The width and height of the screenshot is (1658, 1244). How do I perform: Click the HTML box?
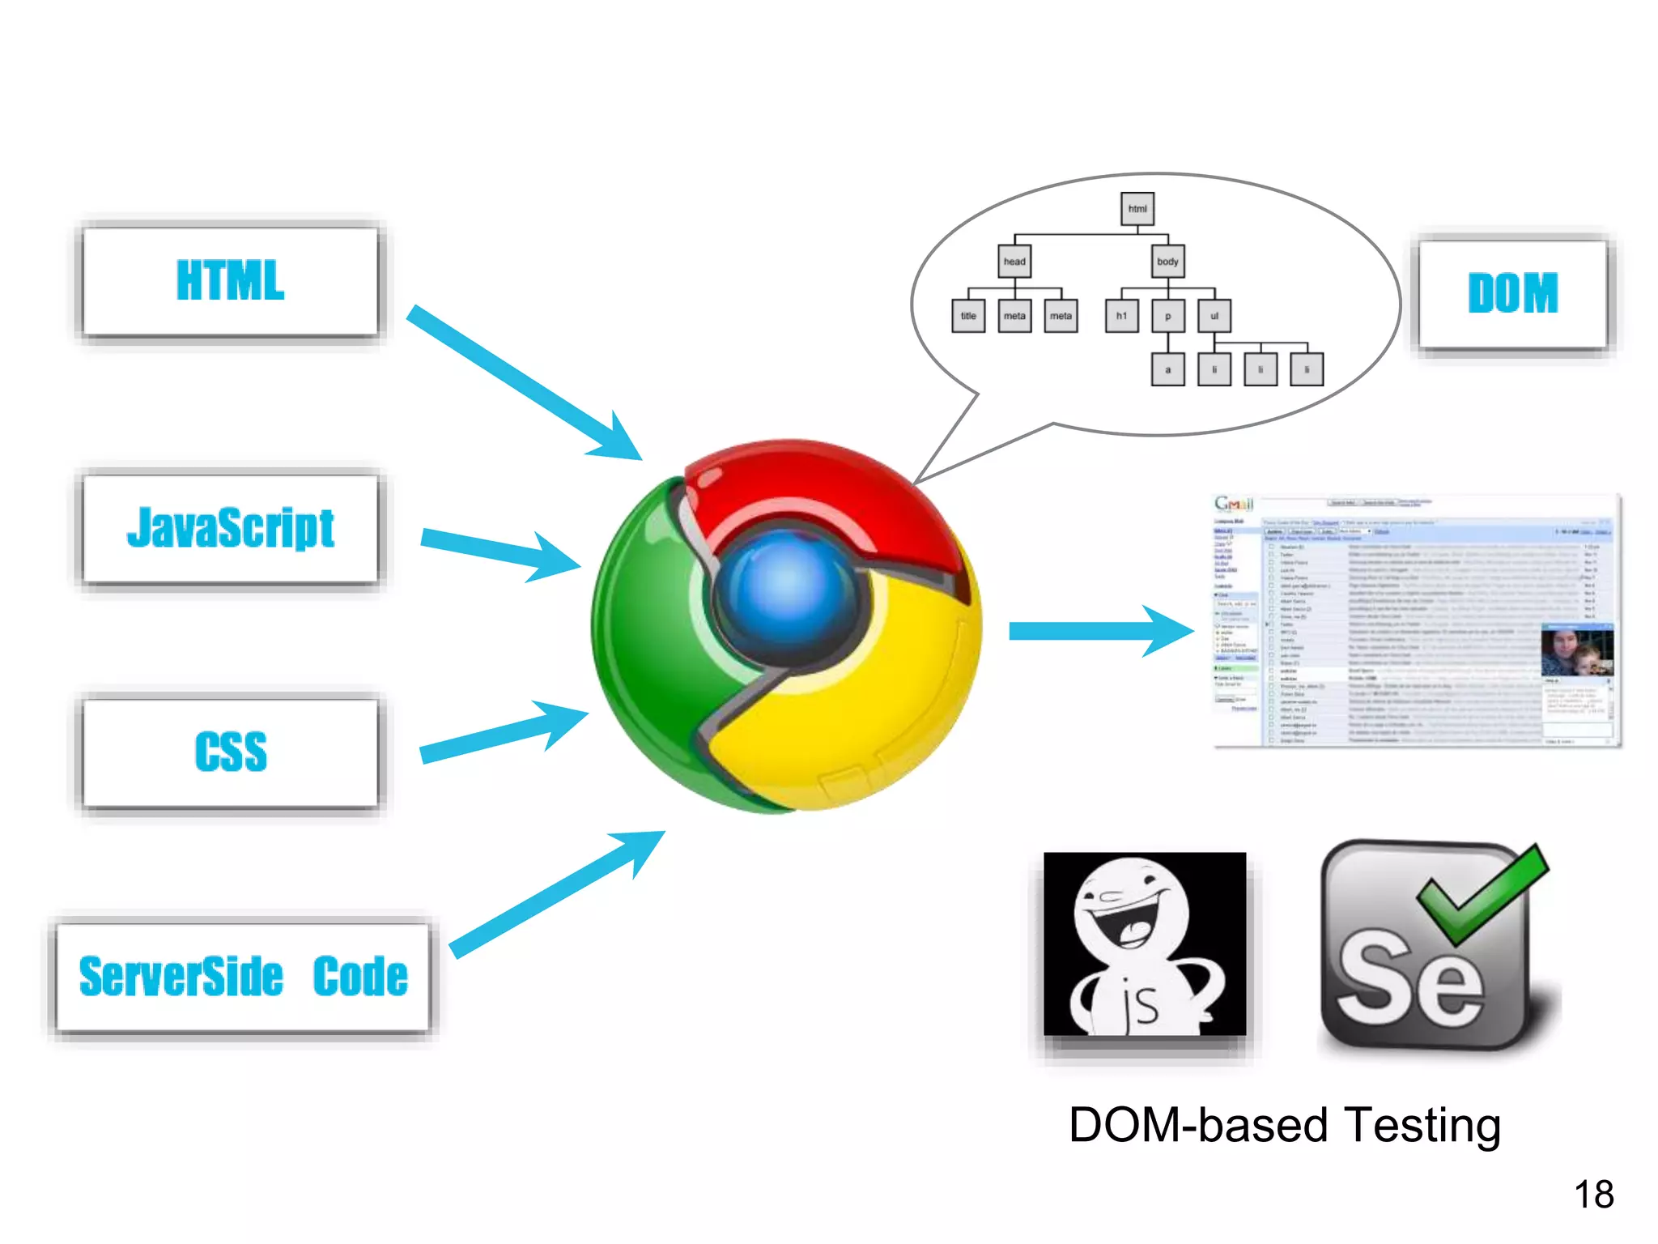click(231, 281)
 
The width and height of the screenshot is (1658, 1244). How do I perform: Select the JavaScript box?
click(231, 528)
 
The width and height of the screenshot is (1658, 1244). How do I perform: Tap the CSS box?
click(231, 752)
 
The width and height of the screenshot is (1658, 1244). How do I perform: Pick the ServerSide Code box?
click(243, 977)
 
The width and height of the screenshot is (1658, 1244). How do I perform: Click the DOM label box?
click(1512, 293)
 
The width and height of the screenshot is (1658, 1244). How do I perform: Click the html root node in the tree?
click(1137, 209)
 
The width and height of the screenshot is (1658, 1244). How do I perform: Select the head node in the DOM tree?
click(1014, 262)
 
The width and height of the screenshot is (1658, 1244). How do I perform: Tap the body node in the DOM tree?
click(1167, 262)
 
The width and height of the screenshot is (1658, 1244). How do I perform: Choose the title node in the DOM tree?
click(967, 316)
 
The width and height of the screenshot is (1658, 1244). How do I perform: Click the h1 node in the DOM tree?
click(1121, 316)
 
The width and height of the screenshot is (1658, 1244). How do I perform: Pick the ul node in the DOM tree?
click(1214, 316)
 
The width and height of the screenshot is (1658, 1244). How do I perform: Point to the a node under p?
click(1167, 369)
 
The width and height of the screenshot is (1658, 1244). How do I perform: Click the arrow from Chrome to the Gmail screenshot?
click(1101, 631)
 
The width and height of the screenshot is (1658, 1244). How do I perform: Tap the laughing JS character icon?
click(1144, 944)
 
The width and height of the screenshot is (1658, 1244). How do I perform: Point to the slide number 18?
click(1593, 1195)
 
